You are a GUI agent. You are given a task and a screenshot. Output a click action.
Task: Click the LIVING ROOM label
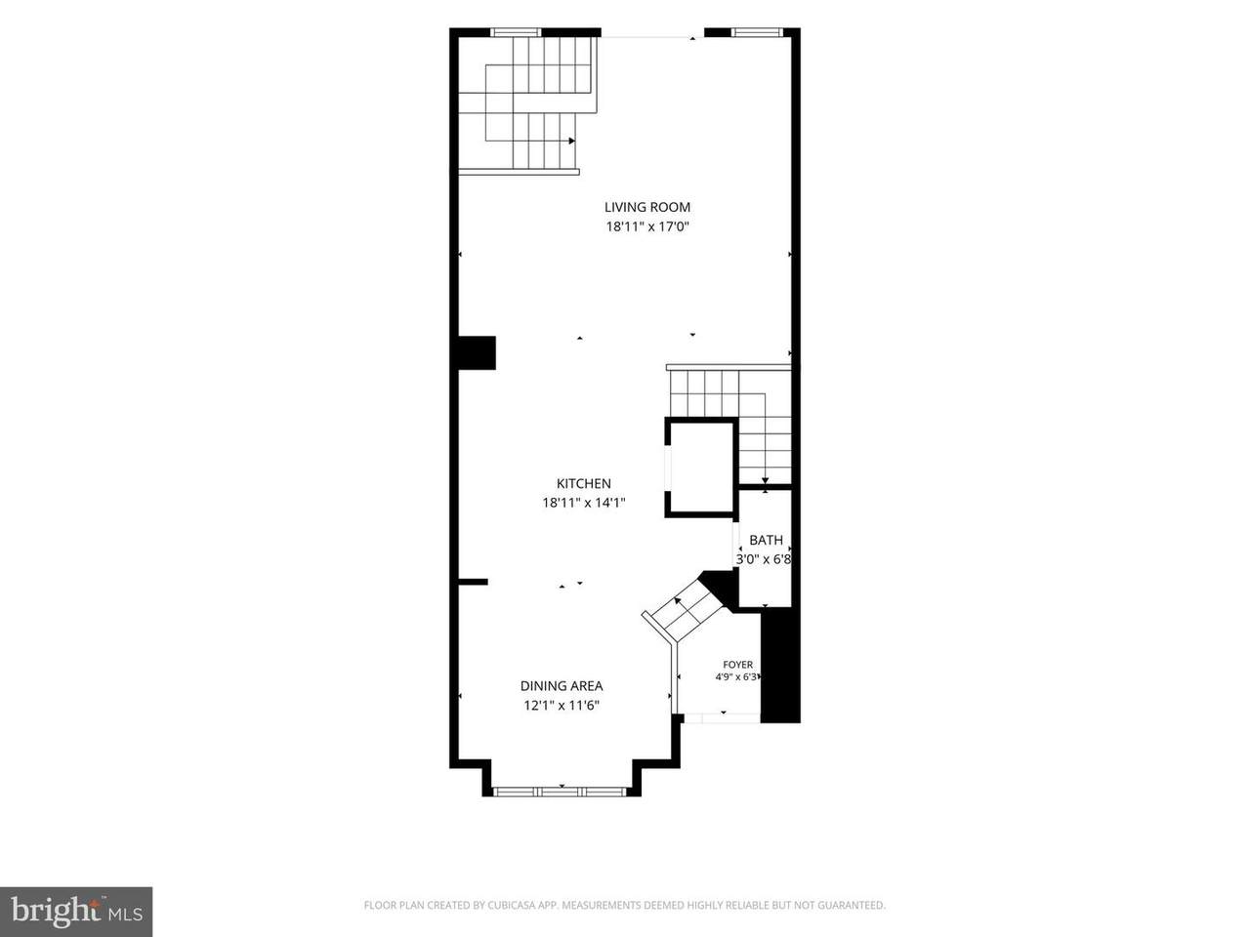point(646,207)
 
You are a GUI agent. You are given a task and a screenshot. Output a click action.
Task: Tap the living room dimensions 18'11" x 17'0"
point(647,227)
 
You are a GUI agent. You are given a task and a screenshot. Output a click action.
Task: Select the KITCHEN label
point(584,483)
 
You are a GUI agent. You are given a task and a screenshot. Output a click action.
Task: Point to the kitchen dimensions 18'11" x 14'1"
point(584,503)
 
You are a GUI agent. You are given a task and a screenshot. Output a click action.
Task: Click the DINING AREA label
point(562,686)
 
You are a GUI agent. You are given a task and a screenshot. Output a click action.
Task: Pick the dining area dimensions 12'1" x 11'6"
point(562,706)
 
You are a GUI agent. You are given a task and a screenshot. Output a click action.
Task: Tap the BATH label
point(766,540)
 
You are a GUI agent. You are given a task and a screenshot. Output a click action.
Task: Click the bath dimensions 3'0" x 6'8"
point(764,559)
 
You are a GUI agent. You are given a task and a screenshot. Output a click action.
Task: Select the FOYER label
point(737,665)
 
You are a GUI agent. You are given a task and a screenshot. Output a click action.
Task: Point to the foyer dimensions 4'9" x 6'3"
point(736,677)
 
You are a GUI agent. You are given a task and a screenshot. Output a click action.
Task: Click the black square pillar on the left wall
point(477,352)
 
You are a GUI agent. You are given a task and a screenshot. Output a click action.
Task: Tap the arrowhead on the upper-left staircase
point(571,141)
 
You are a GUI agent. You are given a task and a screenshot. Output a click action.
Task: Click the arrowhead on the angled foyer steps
point(678,601)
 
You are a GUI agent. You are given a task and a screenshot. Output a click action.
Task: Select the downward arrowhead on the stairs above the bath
point(765,481)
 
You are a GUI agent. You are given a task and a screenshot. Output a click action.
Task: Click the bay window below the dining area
point(561,792)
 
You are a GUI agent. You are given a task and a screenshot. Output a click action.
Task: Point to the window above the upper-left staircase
point(516,32)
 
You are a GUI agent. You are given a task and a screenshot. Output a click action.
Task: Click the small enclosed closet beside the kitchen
point(700,468)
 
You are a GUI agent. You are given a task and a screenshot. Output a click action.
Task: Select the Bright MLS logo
point(76,912)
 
